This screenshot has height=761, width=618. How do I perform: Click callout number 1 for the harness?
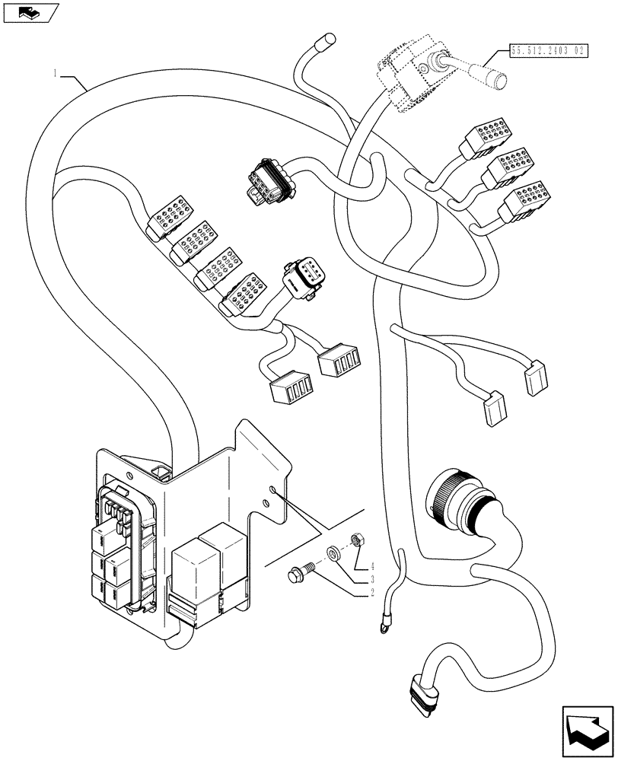pos(55,74)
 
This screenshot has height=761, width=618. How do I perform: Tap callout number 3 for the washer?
pos(373,580)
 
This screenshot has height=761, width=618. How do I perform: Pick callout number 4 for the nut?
pos(373,567)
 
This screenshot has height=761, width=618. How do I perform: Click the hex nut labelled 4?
pos(355,540)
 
